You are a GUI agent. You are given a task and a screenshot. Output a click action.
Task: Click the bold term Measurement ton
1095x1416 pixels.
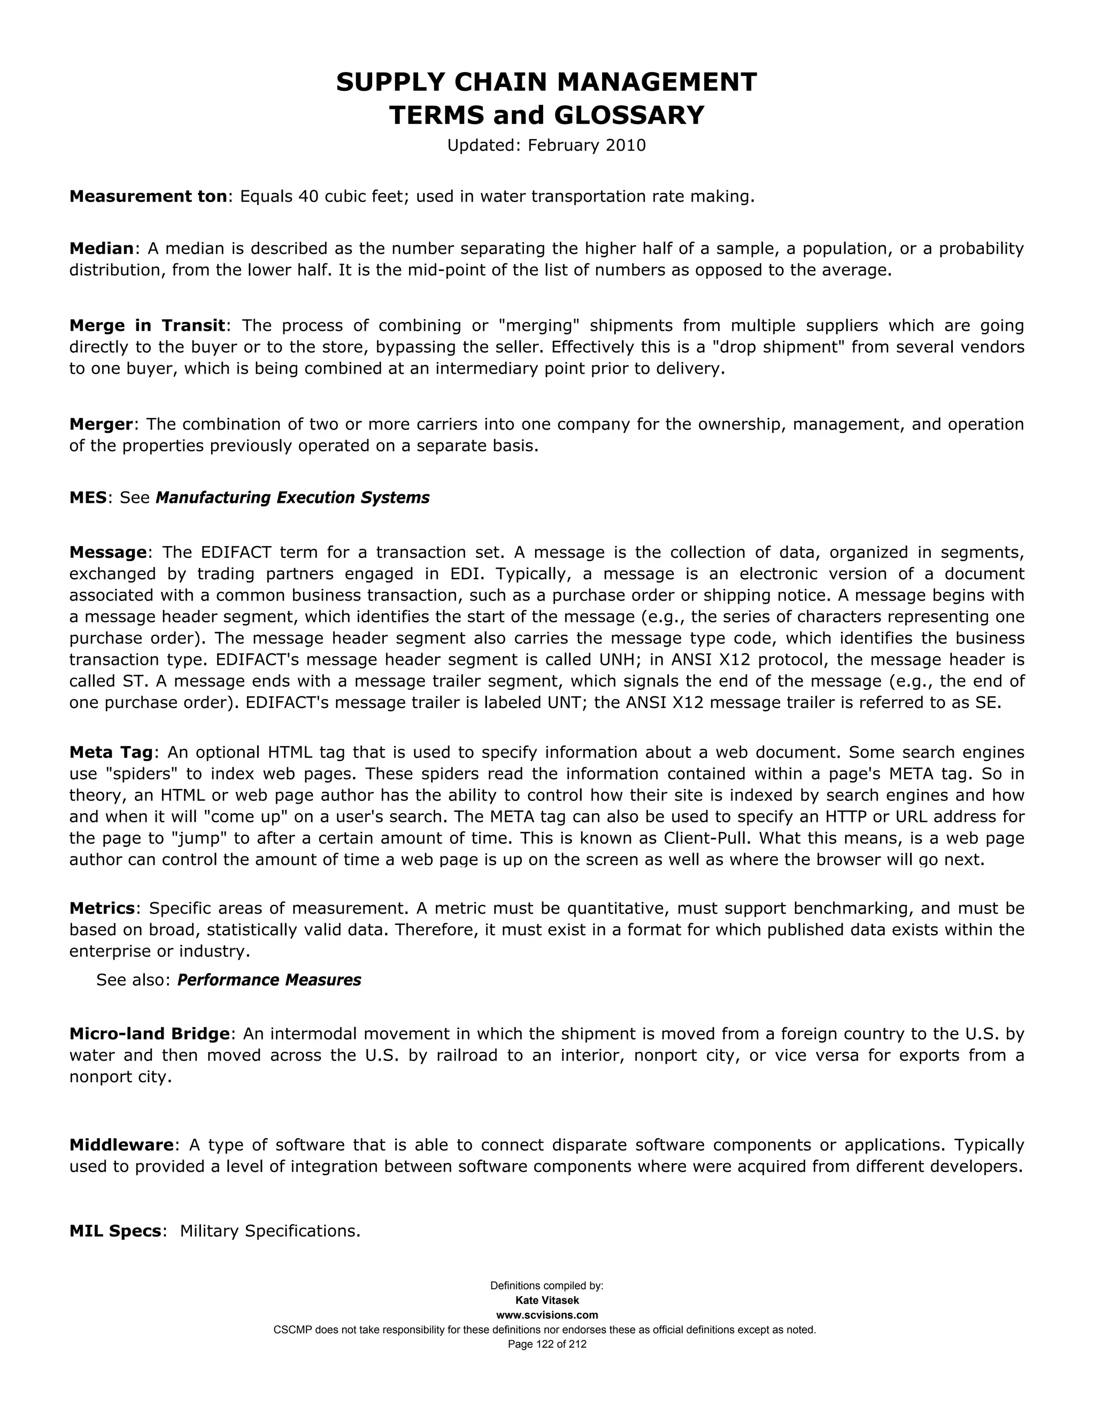[x=148, y=197]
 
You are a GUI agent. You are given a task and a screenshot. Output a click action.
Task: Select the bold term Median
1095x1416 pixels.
[x=101, y=248]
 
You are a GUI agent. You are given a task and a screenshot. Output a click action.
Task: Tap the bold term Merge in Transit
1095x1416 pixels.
[x=146, y=325]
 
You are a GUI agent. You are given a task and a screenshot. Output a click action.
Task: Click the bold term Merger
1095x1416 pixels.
[x=101, y=425]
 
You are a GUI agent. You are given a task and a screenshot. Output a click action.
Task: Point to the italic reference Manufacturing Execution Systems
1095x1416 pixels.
[x=292, y=498]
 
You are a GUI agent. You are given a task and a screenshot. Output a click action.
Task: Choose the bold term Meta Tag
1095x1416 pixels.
[x=111, y=753]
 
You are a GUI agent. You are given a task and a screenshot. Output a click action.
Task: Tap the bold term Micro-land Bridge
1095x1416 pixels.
[x=149, y=1034]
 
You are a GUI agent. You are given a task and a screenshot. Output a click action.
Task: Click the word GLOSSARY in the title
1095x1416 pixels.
[x=629, y=115]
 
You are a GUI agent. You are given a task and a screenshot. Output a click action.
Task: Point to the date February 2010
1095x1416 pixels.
[x=587, y=145]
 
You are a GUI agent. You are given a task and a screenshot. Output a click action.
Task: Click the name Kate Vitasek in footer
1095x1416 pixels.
[x=547, y=1301]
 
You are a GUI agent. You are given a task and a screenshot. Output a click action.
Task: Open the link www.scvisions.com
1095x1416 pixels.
[x=547, y=1315]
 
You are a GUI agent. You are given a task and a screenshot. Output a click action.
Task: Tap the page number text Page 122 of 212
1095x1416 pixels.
[x=547, y=1344]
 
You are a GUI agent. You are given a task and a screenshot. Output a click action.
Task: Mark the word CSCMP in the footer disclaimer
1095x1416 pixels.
[x=292, y=1330]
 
